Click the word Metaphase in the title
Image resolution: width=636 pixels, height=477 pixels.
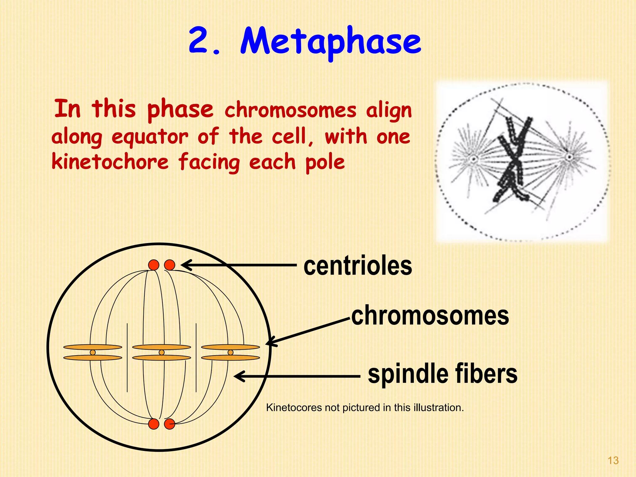point(331,42)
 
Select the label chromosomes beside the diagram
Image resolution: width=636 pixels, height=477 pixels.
point(430,316)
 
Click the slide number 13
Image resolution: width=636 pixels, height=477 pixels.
point(613,460)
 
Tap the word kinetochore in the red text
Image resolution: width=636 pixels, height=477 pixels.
point(110,162)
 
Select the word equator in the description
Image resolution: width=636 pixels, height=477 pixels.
point(150,137)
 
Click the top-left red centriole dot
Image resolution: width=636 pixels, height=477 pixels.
point(154,265)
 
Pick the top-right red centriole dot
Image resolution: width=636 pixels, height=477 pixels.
point(170,265)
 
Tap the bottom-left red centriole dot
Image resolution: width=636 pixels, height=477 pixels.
point(154,424)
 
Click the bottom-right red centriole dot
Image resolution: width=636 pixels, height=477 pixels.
point(170,424)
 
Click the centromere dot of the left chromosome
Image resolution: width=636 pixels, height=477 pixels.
point(93,352)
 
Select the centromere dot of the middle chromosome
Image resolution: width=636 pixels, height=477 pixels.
point(161,352)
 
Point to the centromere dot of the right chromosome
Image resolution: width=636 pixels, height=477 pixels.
point(230,352)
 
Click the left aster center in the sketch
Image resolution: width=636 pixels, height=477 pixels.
point(474,159)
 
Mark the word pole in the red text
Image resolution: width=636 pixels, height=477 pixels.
point(325,162)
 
